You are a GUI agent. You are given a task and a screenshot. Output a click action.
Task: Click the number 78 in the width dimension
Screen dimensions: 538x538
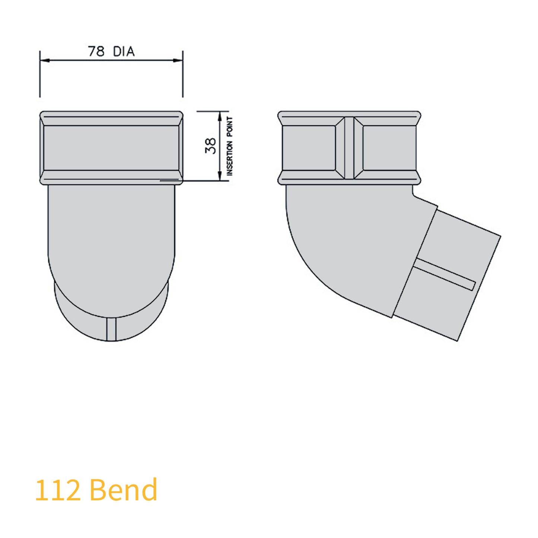point(96,51)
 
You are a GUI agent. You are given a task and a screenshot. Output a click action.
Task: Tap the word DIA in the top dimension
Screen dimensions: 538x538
point(124,51)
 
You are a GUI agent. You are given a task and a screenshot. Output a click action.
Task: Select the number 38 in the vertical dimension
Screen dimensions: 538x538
point(210,146)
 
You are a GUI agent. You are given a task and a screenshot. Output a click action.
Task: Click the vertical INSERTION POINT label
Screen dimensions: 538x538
point(230,146)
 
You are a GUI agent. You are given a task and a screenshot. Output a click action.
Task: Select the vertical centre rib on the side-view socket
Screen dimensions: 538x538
point(349,148)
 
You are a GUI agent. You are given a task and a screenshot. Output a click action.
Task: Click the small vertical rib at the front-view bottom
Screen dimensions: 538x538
point(111,329)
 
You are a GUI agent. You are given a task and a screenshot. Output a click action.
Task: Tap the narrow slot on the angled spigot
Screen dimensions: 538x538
point(445,274)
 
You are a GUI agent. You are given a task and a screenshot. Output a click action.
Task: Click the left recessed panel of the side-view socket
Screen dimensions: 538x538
point(309,148)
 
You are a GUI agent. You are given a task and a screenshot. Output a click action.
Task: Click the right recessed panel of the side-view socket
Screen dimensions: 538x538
point(389,148)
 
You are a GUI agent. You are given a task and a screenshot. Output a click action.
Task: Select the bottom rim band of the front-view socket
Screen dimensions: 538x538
point(111,177)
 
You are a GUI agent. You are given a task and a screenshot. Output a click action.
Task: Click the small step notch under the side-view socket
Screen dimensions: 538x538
point(413,191)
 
